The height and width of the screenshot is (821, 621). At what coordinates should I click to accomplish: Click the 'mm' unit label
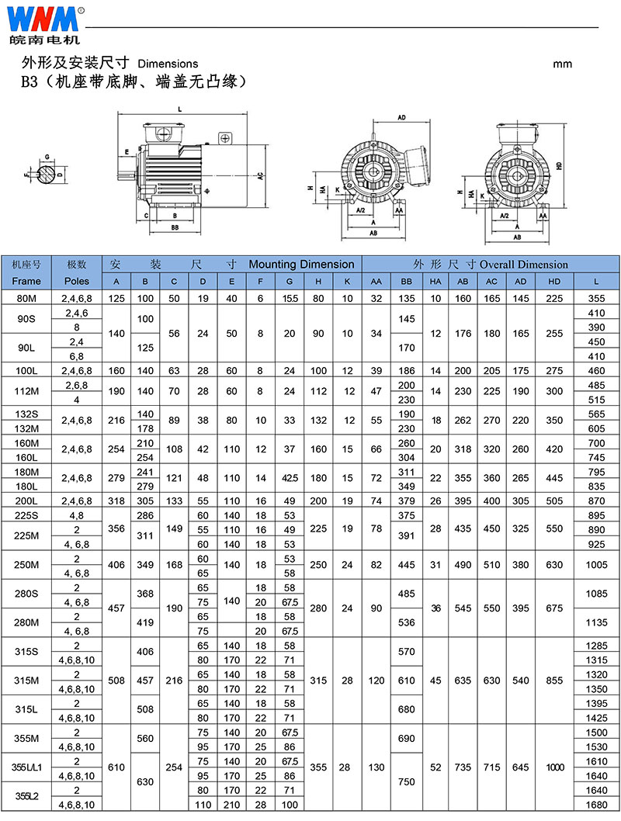tap(562, 64)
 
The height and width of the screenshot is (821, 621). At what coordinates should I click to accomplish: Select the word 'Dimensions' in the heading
tap(168, 64)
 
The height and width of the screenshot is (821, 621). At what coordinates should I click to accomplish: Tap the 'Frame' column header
tap(26, 281)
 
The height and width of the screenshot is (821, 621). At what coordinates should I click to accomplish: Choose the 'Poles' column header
tap(76, 281)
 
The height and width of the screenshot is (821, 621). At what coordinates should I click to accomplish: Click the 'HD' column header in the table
tap(554, 282)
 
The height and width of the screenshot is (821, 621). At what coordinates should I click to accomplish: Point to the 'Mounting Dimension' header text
tap(302, 265)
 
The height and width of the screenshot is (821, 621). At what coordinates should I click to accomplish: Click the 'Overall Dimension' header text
tap(524, 265)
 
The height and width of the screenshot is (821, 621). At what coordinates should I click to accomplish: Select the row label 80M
tap(26, 299)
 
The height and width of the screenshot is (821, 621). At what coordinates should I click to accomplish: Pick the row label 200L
tap(26, 501)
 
